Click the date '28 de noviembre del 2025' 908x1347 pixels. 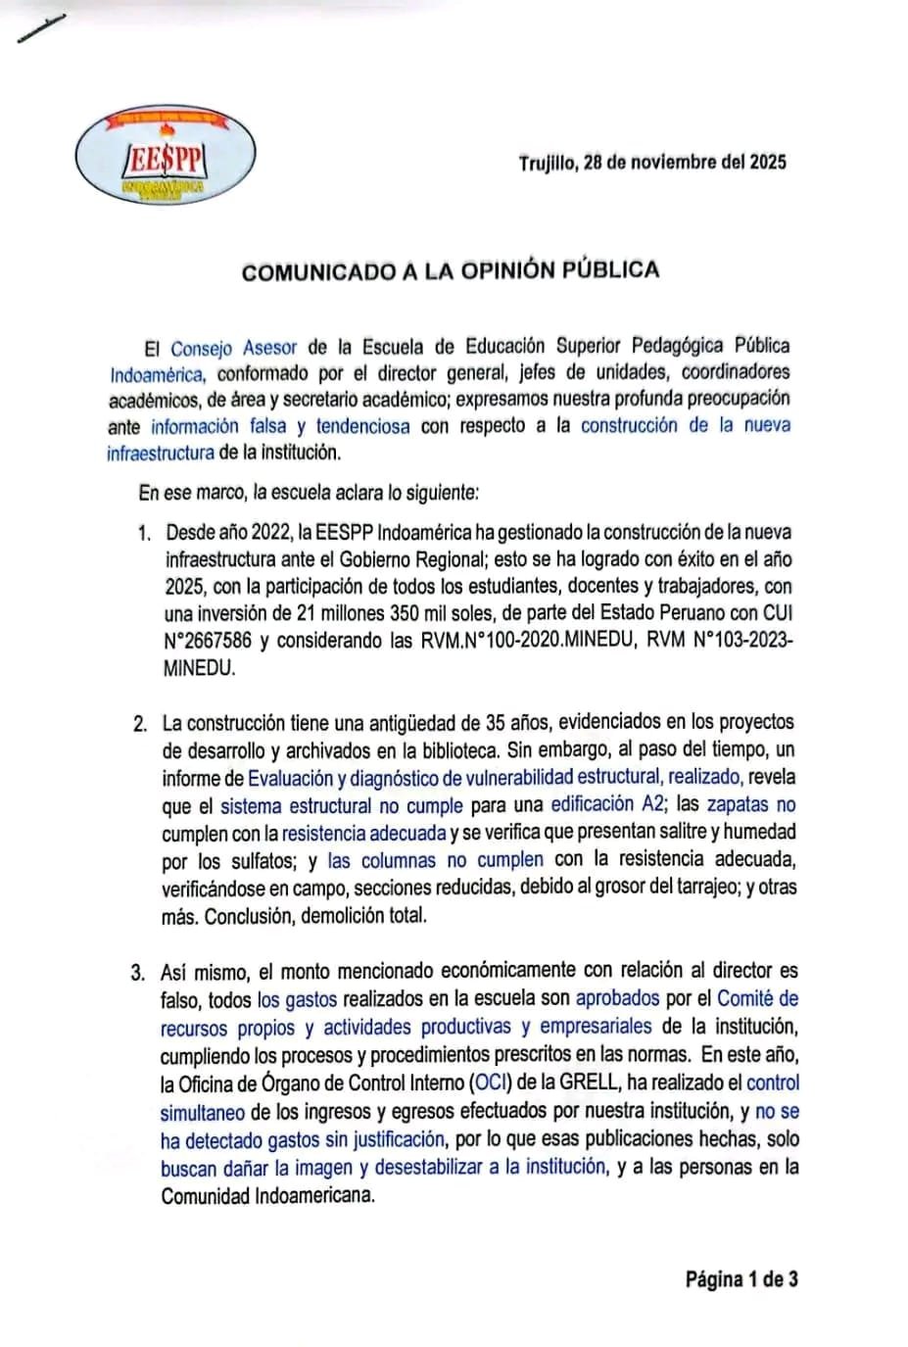click(x=685, y=162)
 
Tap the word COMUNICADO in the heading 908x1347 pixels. click(x=318, y=272)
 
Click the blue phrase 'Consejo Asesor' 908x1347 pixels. click(x=233, y=348)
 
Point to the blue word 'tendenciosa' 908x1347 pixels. click(x=362, y=426)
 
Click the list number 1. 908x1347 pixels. click(x=144, y=534)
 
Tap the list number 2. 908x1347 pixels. click(x=141, y=724)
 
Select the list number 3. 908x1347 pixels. click(x=138, y=973)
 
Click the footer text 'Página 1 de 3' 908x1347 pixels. click(x=741, y=1278)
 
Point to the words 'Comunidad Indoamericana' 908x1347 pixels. click(x=267, y=1196)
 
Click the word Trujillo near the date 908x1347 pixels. click(x=548, y=163)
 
